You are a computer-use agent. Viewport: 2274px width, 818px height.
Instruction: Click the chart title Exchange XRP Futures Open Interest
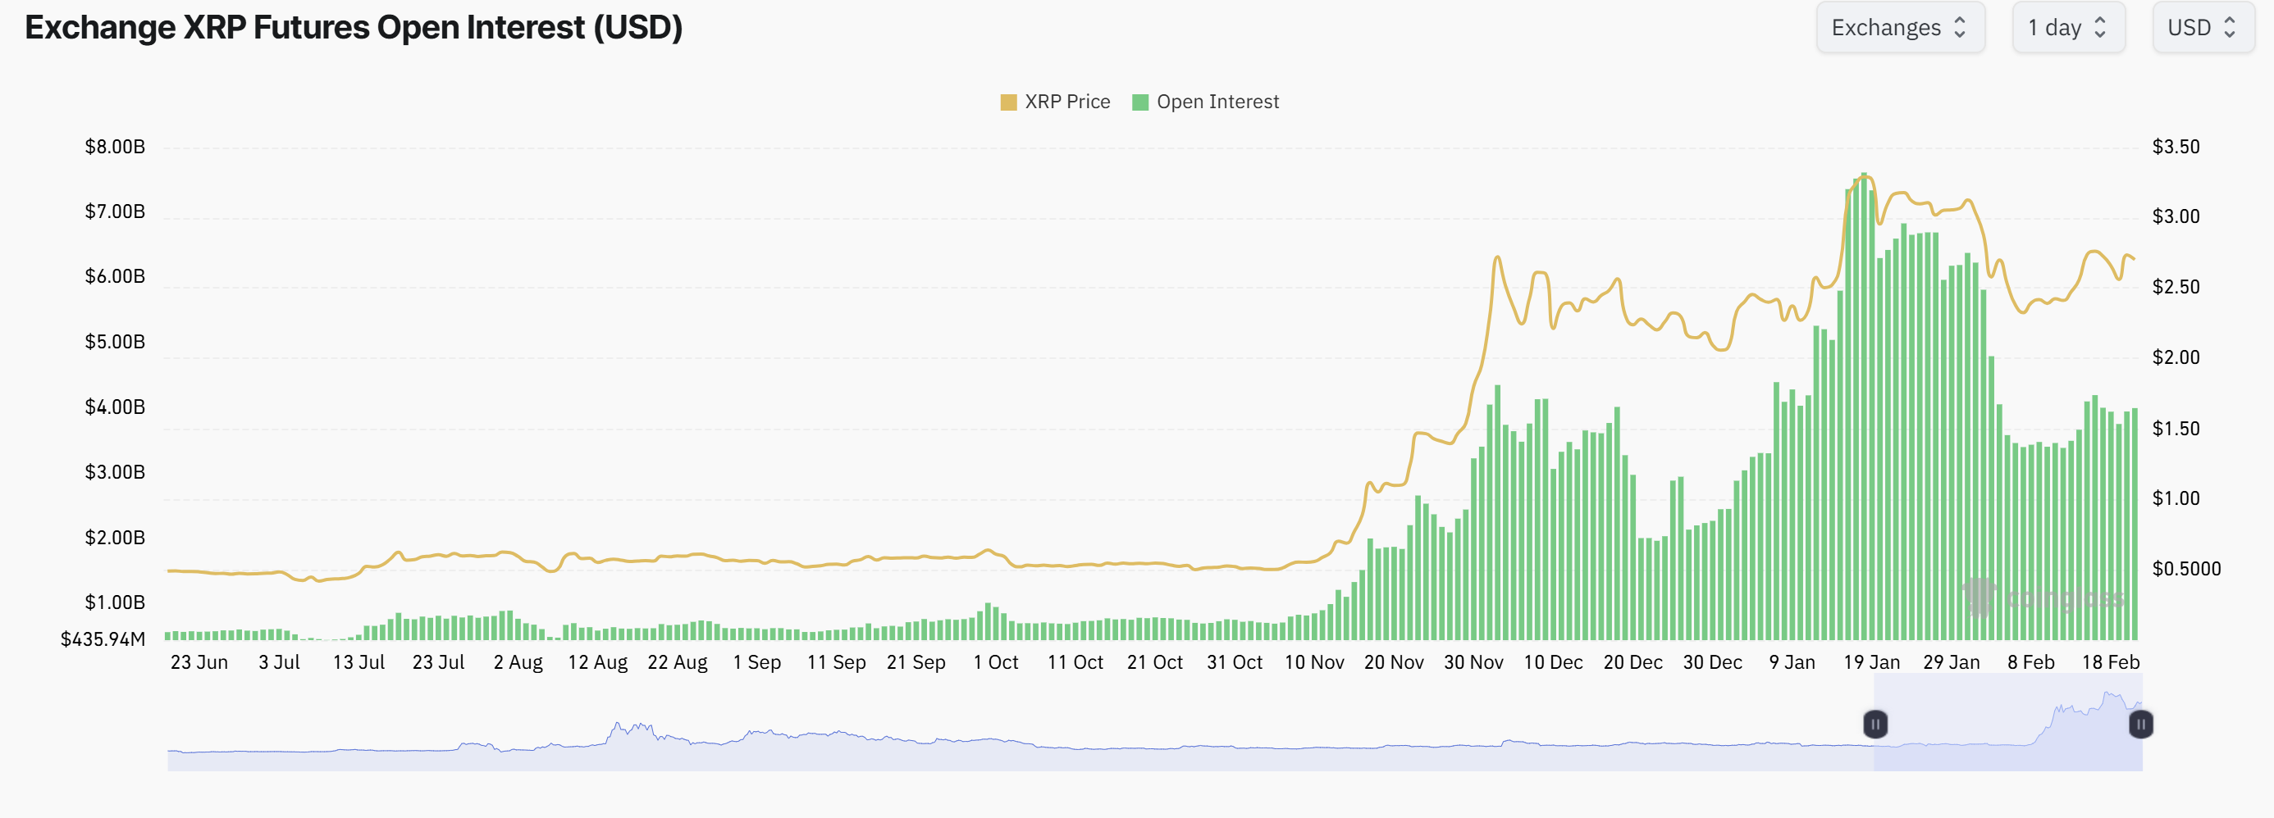click(x=353, y=27)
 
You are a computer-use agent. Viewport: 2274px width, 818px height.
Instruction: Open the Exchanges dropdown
click(x=1899, y=27)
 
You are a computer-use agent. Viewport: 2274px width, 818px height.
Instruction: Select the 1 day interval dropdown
click(x=2066, y=27)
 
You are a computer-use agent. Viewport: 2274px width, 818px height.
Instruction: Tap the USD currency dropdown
click(x=2202, y=27)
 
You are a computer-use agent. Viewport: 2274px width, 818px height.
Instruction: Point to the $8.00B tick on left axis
click(x=115, y=147)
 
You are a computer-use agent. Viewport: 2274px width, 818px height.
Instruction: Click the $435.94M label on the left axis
click(x=103, y=638)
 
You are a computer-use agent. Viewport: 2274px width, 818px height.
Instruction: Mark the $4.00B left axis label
click(x=115, y=407)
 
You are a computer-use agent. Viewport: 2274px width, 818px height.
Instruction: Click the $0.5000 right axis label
click(x=2185, y=568)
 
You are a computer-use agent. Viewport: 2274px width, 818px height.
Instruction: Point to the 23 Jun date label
click(x=199, y=661)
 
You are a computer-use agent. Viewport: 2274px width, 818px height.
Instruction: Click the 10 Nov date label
click(x=1313, y=661)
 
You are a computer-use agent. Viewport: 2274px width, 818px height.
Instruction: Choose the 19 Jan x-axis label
click(x=1870, y=661)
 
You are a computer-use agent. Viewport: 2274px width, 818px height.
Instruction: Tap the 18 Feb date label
click(x=2110, y=661)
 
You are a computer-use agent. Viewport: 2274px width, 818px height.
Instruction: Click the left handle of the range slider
click(x=1875, y=725)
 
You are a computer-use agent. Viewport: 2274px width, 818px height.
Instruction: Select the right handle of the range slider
click(x=2141, y=725)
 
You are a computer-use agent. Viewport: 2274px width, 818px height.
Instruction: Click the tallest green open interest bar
click(x=1864, y=406)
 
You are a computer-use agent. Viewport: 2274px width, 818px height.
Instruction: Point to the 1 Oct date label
click(x=995, y=661)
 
